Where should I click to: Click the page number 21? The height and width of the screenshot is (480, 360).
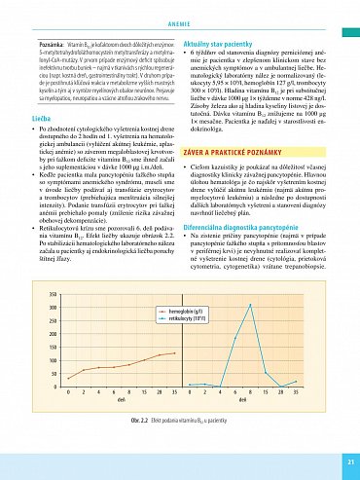tap(348, 461)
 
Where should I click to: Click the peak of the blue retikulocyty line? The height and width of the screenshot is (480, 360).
tap(251, 305)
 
